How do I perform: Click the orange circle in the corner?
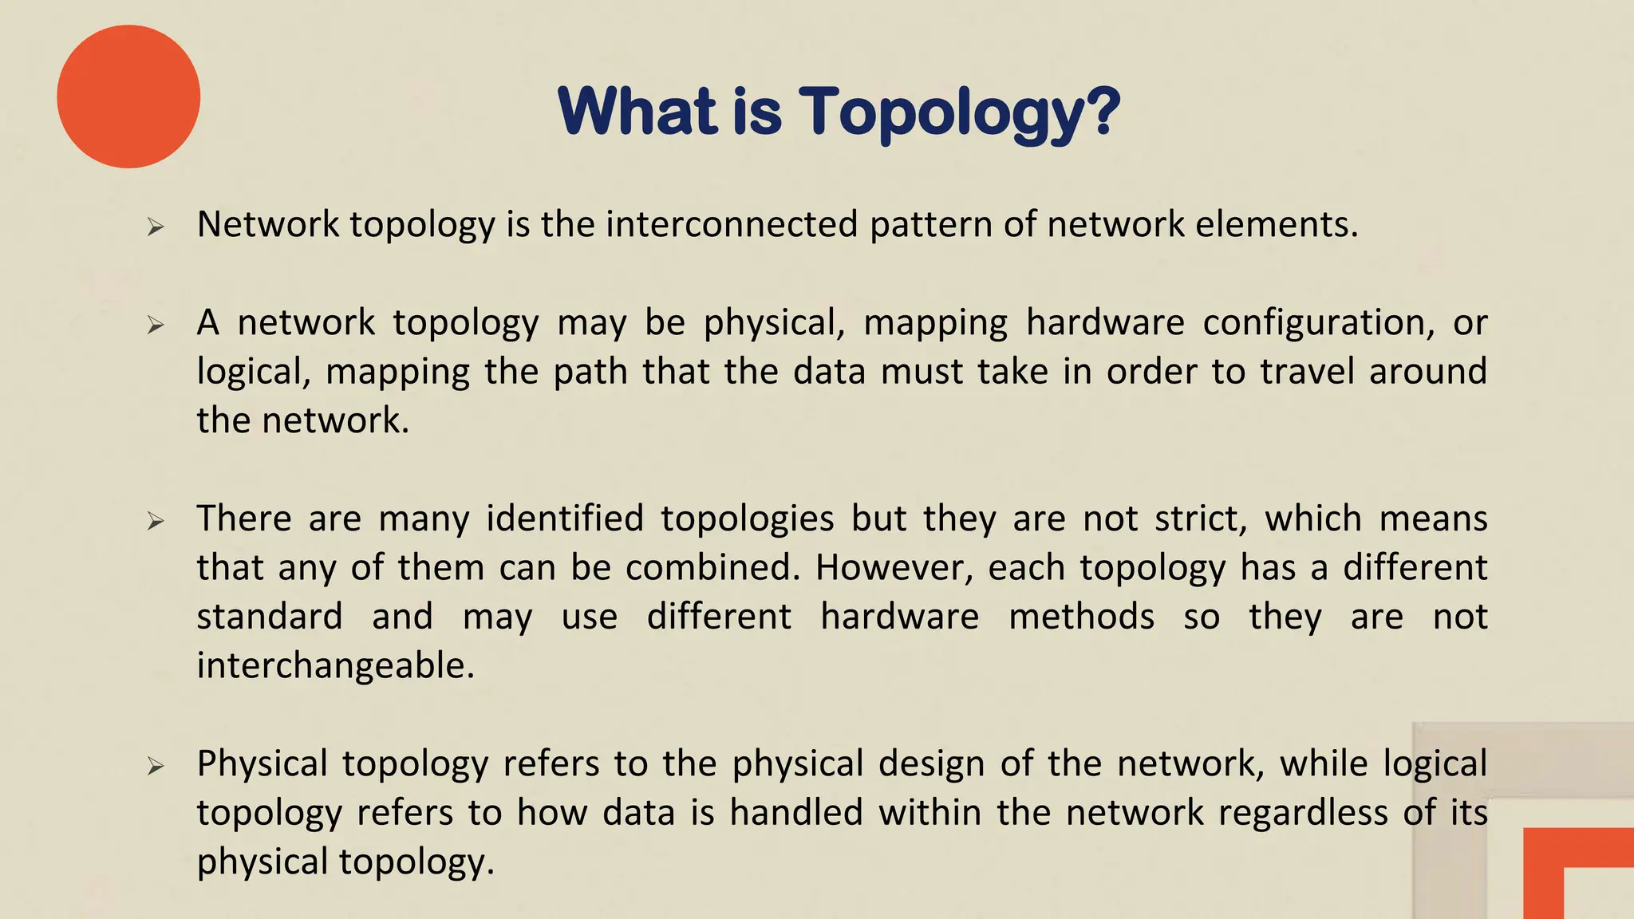coord(128,97)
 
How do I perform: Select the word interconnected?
coord(732,224)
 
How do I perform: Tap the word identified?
coord(565,519)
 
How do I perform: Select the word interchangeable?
coord(335,665)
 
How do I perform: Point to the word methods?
coord(1081,617)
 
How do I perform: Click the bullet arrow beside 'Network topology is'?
coord(156,227)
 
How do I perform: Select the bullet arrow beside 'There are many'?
coord(156,522)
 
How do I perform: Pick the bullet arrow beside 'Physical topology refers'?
coord(156,767)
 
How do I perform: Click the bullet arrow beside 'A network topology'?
coord(156,325)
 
